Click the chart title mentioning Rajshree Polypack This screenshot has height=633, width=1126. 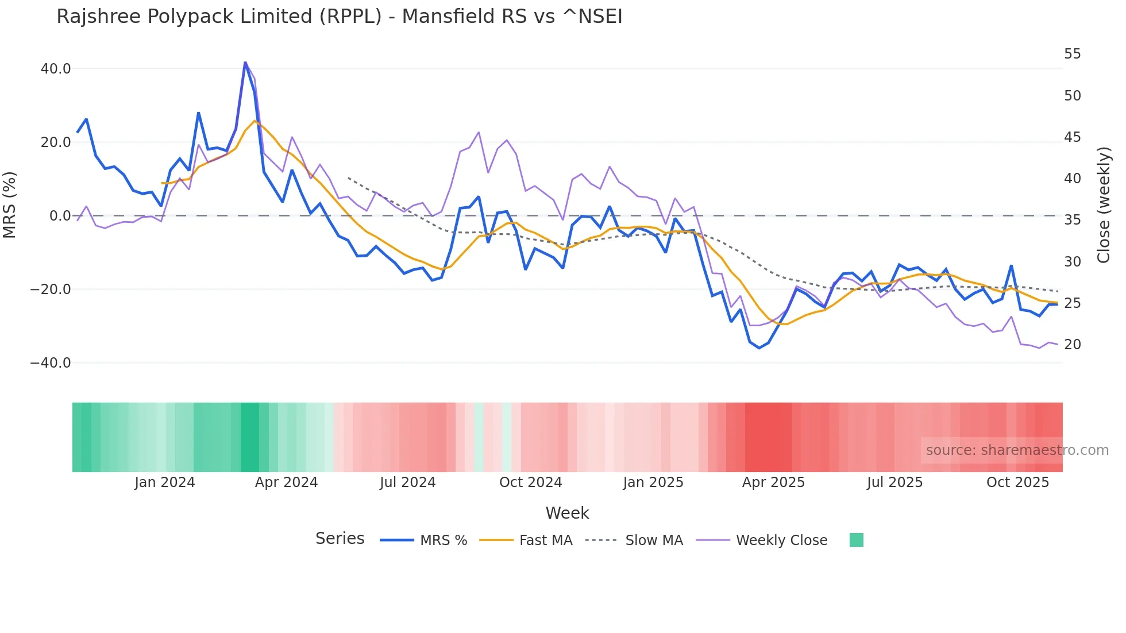(x=339, y=17)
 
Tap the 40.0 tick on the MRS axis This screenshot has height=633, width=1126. (x=56, y=69)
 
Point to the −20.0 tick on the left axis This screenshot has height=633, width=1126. (x=51, y=290)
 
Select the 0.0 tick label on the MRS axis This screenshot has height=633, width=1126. (x=60, y=216)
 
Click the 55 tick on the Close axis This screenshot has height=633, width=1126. (x=1072, y=54)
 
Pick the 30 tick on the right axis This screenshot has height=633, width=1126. (x=1072, y=262)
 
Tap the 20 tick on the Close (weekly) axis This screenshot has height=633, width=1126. (x=1072, y=345)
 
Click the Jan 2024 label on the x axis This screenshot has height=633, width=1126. (x=165, y=483)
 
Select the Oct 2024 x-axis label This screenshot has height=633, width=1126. (x=530, y=483)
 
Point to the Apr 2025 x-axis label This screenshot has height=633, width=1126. (x=773, y=483)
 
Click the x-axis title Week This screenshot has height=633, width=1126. (x=567, y=513)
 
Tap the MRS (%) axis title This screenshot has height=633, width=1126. (x=10, y=205)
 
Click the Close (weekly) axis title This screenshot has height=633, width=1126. (x=1103, y=205)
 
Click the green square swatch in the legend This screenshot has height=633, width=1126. (x=856, y=540)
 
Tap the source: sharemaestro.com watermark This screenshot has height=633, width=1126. (x=1017, y=450)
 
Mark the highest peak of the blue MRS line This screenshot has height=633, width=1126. (x=245, y=63)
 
